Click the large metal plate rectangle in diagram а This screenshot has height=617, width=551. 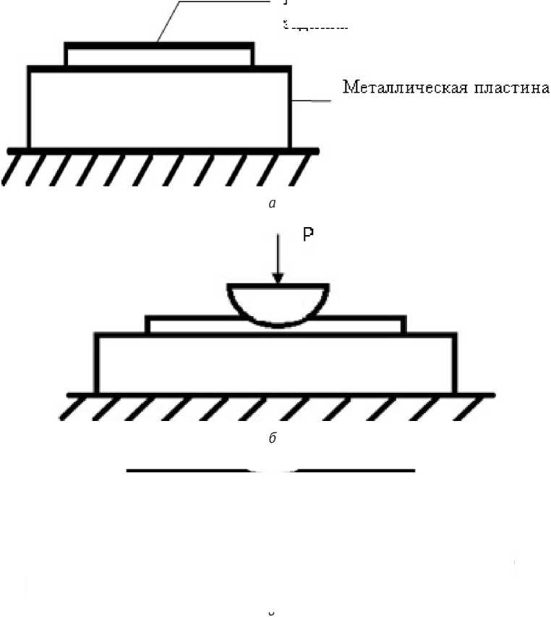pos(159,108)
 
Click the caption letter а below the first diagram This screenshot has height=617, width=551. pos(272,205)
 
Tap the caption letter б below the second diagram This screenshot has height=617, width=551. pos(272,440)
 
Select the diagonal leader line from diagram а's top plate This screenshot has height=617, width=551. pos(167,22)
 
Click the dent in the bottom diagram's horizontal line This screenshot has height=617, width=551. pos(271,472)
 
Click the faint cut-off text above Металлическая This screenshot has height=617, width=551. pos(315,26)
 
